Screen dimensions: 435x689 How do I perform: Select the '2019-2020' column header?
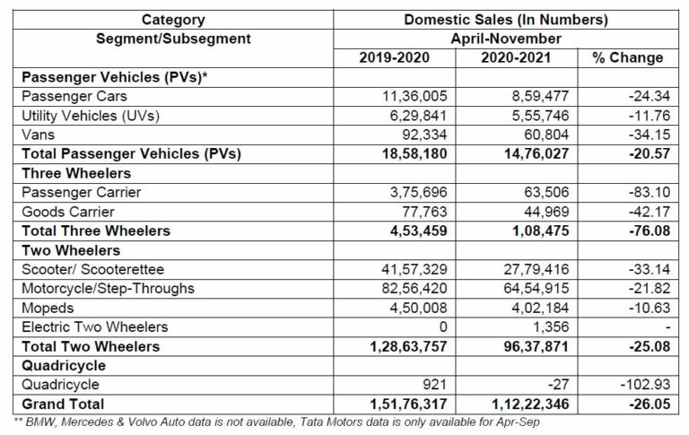pyautogui.click(x=395, y=58)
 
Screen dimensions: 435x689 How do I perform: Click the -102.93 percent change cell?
pyautogui.click(x=639, y=385)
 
